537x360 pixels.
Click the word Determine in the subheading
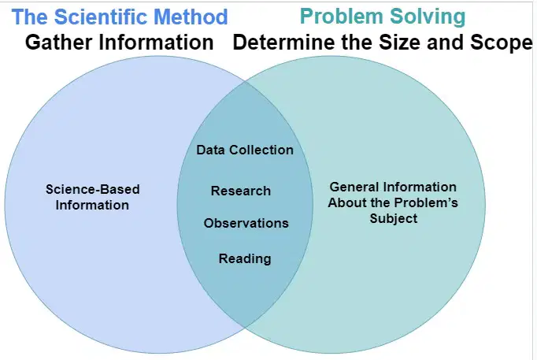(283, 42)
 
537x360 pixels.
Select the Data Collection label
(245, 150)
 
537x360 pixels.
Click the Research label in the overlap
(241, 191)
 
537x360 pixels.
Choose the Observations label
(246, 223)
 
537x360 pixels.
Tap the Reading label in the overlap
(245, 258)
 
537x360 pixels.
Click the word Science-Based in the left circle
(93, 189)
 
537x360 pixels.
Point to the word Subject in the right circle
(394, 218)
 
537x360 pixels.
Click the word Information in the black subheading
(156, 42)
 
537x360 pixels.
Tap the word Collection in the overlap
(261, 150)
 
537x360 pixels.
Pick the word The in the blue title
(30, 17)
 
